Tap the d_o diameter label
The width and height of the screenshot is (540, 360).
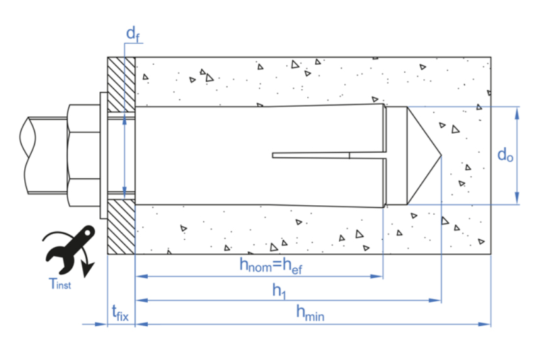(506, 155)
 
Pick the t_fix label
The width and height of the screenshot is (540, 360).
(120, 312)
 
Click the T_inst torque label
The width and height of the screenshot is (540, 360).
(60, 284)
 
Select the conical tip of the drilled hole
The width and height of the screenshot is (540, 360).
(422, 155)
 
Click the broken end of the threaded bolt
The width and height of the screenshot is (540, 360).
(27, 155)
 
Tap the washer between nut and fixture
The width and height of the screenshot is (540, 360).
(103, 155)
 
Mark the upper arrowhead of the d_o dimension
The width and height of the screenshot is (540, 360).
(517, 111)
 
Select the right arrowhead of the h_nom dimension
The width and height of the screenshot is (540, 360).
(379, 276)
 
